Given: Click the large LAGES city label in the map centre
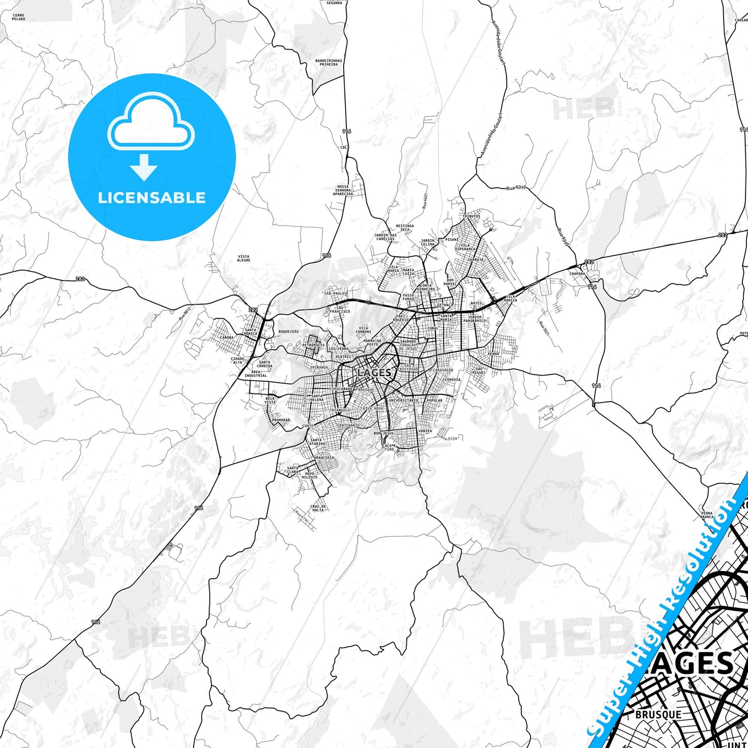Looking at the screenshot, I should (x=374, y=372).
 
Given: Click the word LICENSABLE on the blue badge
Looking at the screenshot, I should (x=152, y=198).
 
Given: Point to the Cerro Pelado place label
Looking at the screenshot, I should (x=19, y=17).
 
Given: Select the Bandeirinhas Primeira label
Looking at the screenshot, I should (x=329, y=63).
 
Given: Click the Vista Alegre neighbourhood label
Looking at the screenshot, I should (x=243, y=258).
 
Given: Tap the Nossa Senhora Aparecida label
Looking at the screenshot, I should (x=343, y=190).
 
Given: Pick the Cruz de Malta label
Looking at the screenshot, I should (x=318, y=508).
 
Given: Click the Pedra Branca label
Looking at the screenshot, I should (x=707, y=515).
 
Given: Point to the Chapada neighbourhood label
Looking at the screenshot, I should (x=577, y=273).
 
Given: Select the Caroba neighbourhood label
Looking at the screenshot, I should (x=227, y=337).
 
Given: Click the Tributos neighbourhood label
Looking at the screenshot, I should (x=471, y=216).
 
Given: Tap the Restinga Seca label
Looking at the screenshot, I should (x=405, y=228).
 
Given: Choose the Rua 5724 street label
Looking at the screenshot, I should (x=449, y=438).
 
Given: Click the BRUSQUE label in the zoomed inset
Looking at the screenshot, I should (x=658, y=714).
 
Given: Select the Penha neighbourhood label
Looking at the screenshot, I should (x=493, y=354).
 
